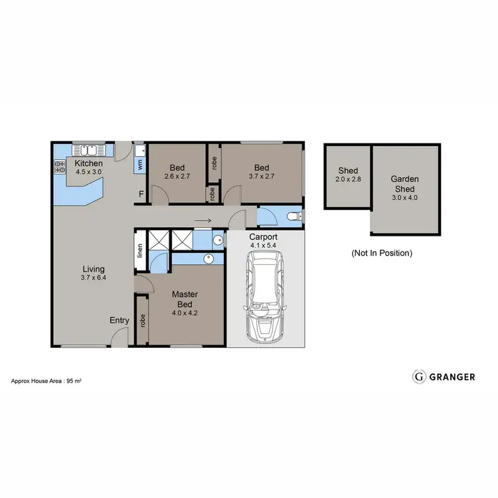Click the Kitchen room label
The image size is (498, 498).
pyautogui.click(x=88, y=163)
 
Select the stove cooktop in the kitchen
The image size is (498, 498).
pyautogui.click(x=58, y=167)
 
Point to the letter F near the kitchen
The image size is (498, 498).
pyautogui.click(x=140, y=194)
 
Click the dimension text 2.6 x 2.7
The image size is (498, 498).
pyautogui.click(x=176, y=177)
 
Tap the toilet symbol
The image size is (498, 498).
pyautogui.click(x=294, y=216)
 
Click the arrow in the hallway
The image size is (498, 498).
pyautogui.click(x=203, y=221)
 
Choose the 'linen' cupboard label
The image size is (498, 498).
pyautogui.click(x=140, y=250)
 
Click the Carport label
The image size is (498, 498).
pyautogui.click(x=263, y=237)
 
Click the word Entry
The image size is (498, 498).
pyautogui.click(x=120, y=321)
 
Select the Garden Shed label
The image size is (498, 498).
pyautogui.click(x=404, y=183)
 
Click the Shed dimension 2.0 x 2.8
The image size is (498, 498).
pyautogui.click(x=347, y=179)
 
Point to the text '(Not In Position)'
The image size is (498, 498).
pyautogui.click(x=381, y=253)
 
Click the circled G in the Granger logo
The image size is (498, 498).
pyautogui.click(x=419, y=376)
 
